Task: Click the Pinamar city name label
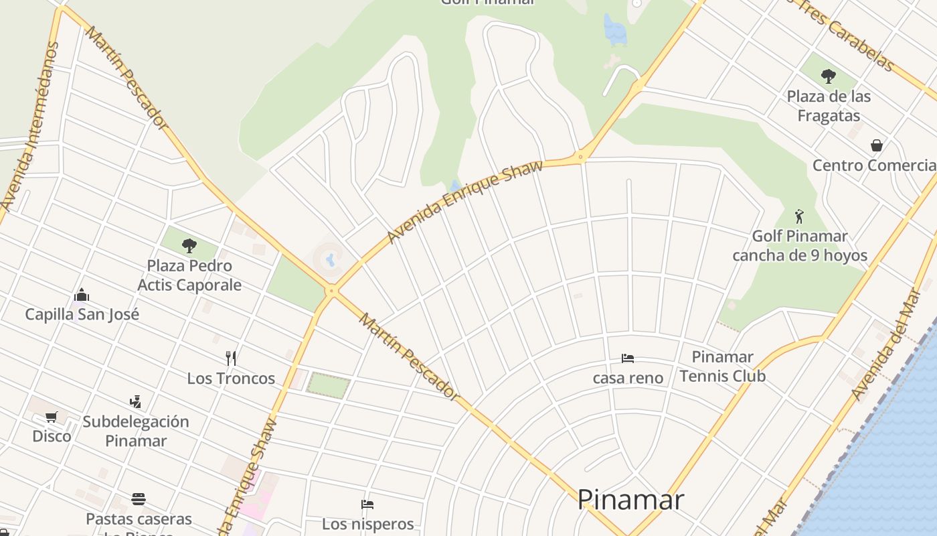click(x=630, y=500)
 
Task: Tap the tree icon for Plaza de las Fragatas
click(x=829, y=76)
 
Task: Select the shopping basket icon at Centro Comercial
click(x=876, y=145)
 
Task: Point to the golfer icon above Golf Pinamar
click(x=798, y=216)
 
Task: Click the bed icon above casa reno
click(x=627, y=358)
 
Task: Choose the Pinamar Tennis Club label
click(x=722, y=366)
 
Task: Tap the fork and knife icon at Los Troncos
click(x=231, y=358)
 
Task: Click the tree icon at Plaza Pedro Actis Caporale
click(x=189, y=246)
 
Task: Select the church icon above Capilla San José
click(x=82, y=295)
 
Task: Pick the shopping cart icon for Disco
click(x=52, y=417)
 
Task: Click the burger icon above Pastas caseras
click(x=139, y=499)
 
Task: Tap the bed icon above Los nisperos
click(x=367, y=505)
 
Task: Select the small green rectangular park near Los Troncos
click(x=329, y=385)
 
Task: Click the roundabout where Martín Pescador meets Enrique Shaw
click(x=331, y=291)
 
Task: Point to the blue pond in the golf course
click(x=614, y=30)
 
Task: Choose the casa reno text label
click(x=628, y=378)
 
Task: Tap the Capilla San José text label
click(x=82, y=314)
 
